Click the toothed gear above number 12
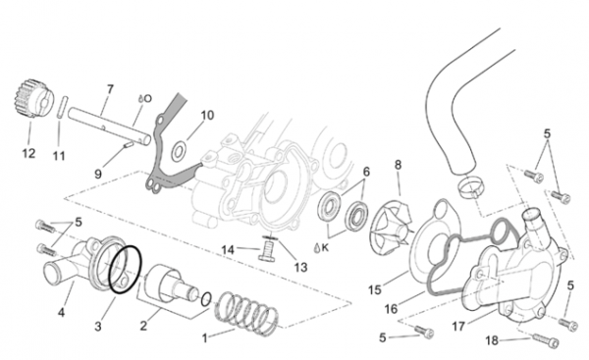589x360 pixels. tap(31, 98)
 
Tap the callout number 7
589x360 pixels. tap(110, 89)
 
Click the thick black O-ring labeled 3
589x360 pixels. tap(125, 269)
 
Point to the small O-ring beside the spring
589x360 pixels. tap(205, 299)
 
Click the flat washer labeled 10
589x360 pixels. tap(178, 152)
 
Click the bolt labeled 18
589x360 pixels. tap(546, 340)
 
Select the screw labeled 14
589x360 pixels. tap(266, 251)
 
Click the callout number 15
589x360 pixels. tap(375, 289)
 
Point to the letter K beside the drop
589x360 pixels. tap(325, 248)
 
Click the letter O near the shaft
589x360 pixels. tap(147, 99)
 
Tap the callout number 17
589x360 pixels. tap(458, 327)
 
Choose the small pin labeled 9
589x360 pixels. tap(129, 145)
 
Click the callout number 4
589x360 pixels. tap(61, 312)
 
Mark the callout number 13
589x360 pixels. tap(300, 267)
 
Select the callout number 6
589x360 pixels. tap(366, 172)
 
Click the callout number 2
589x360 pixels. tap(143, 326)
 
